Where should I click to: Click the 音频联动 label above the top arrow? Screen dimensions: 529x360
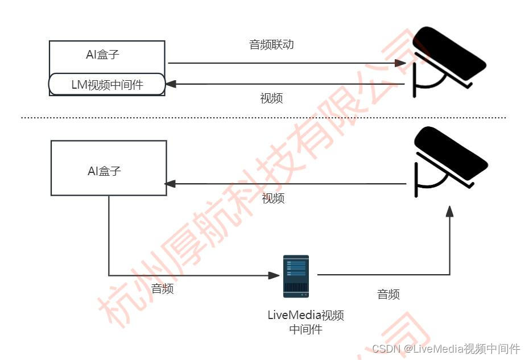point(271,44)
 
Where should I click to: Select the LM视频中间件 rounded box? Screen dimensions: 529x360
point(107,85)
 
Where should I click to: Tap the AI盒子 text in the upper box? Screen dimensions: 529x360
point(102,55)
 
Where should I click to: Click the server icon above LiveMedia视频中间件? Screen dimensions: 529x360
point(296,276)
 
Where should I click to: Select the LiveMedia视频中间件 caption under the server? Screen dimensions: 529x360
point(305,322)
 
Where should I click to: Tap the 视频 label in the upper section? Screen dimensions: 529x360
point(271,98)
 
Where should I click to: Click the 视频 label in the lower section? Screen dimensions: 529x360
point(274,198)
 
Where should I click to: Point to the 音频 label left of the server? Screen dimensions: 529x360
point(162,289)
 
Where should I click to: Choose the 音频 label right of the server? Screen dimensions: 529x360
point(388,295)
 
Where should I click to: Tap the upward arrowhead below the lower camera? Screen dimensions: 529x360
point(449,210)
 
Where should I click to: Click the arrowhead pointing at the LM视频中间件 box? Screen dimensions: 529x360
point(170,85)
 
